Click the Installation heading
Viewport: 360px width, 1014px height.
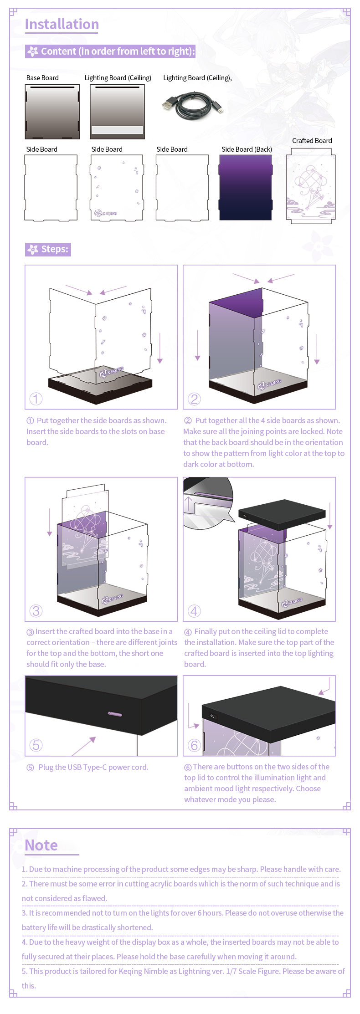(x=62, y=24)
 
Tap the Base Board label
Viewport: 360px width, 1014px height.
(x=42, y=78)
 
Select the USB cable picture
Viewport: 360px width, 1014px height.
(x=193, y=105)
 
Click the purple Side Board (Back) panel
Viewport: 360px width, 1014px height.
(x=246, y=187)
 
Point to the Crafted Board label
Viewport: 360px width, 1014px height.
(x=312, y=141)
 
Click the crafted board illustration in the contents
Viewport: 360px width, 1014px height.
(x=311, y=189)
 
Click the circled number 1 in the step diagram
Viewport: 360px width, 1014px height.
(x=36, y=399)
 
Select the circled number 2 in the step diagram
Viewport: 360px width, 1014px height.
(x=194, y=399)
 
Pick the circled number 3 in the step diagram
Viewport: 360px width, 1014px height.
(x=36, y=610)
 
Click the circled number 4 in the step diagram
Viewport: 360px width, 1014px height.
(x=194, y=610)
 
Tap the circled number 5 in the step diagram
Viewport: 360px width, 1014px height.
(x=36, y=745)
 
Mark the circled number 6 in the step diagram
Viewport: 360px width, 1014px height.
(x=194, y=745)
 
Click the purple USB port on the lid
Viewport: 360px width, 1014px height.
(x=115, y=714)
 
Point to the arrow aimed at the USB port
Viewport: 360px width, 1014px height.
(x=84, y=746)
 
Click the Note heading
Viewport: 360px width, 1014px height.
(x=41, y=845)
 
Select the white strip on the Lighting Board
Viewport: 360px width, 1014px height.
(x=118, y=130)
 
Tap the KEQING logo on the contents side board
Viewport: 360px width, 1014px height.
(x=106, y=213)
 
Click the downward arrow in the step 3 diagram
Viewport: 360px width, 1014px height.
(x=50, y=522)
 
